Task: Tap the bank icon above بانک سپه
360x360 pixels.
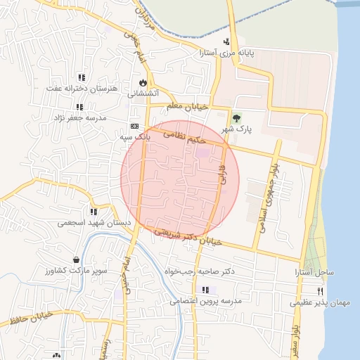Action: [135, 126]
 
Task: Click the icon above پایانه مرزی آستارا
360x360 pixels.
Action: [226, 41]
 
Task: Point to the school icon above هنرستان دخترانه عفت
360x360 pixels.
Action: [82, 77]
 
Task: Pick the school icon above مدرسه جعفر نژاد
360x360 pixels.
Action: [79, 107]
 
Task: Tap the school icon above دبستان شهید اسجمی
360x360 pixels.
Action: [93, 211]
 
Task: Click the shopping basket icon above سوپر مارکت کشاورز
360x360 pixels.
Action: [75, 259]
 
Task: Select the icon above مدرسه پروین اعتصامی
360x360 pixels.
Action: [205, 290]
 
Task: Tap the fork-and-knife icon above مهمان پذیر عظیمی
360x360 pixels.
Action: [320, 291]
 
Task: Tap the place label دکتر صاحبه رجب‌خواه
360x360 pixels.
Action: [199, 271]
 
